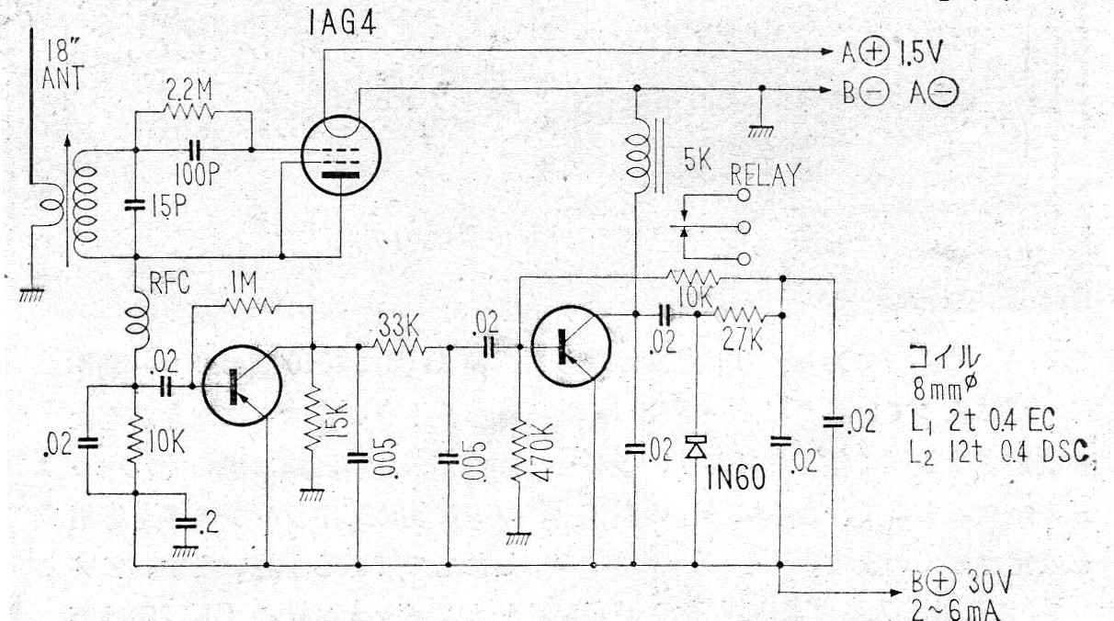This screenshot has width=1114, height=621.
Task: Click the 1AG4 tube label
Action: (x=342, y=24)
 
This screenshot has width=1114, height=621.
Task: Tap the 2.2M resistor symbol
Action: (x=189, y=111)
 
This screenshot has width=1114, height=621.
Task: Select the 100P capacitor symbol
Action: (x=195, y=149)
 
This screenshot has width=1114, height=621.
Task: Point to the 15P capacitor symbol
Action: (x=135, y=205)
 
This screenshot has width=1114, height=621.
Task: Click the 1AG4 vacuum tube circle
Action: (x=341, y=155)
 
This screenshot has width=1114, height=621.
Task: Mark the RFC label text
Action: (x=170, y=283)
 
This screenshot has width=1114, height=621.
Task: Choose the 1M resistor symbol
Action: (x=250, y=305)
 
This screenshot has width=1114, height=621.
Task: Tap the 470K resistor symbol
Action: (x=519, y=451)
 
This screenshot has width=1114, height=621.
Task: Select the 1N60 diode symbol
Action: (x=696, y=446)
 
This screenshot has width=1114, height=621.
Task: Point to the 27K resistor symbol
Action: (x=738, y=315)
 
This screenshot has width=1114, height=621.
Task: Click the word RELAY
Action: (x=766, y=175)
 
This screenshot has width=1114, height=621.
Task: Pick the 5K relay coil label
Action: (x=698, y=160)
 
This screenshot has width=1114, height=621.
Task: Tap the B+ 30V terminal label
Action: (x=961, y=582)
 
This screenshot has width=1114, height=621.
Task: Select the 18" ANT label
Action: (x=63, y=65)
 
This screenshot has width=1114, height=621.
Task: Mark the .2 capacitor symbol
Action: (x=187, y=523)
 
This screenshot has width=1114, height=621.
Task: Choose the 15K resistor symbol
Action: (x=313, y=419)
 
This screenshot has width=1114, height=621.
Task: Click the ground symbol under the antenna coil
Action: (x=32, y=295)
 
